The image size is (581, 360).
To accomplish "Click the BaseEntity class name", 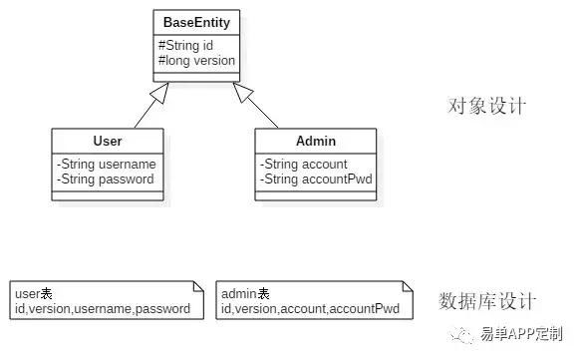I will pos(196,21).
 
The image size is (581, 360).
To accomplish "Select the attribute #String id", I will pos(184,44).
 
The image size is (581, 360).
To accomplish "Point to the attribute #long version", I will pos(196,60).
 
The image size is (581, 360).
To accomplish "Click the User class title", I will pos(107,143).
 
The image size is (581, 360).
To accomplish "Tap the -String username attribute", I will pos(107,164).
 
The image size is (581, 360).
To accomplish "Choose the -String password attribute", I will pos(106,180).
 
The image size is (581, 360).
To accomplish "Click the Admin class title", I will pos(315,143).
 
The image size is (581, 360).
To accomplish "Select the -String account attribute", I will pos(303,164).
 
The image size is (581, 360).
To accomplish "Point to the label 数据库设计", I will pos(488,300).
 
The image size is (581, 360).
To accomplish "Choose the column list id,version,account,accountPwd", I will pos(310,309).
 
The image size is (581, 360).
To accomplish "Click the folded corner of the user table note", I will pos(199,286).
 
